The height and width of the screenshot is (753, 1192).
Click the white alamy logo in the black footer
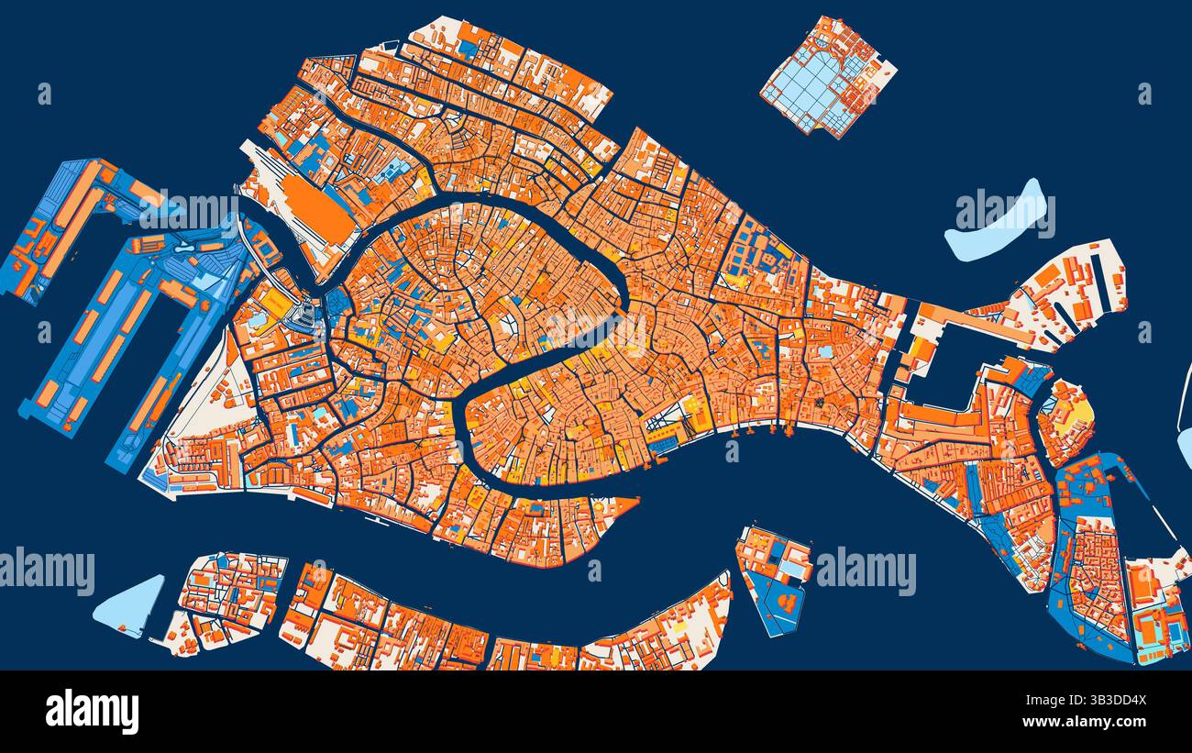(x=92, y=712)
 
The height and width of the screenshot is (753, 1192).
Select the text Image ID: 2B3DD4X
(x=1089, y=701)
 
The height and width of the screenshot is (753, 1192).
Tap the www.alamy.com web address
(x=1089, y=722)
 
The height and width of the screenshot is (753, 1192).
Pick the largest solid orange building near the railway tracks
(x=316, y=207)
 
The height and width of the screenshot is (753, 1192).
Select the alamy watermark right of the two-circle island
(x=866, y=571)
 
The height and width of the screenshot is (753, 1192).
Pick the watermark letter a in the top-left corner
(x=44, y=94)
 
